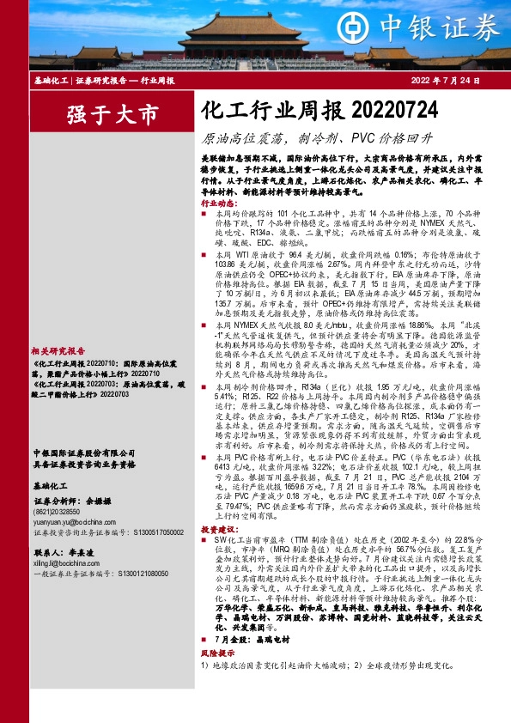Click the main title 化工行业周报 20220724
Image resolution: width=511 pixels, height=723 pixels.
[319, 112]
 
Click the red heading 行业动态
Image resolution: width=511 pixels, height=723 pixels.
[218, 204]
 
